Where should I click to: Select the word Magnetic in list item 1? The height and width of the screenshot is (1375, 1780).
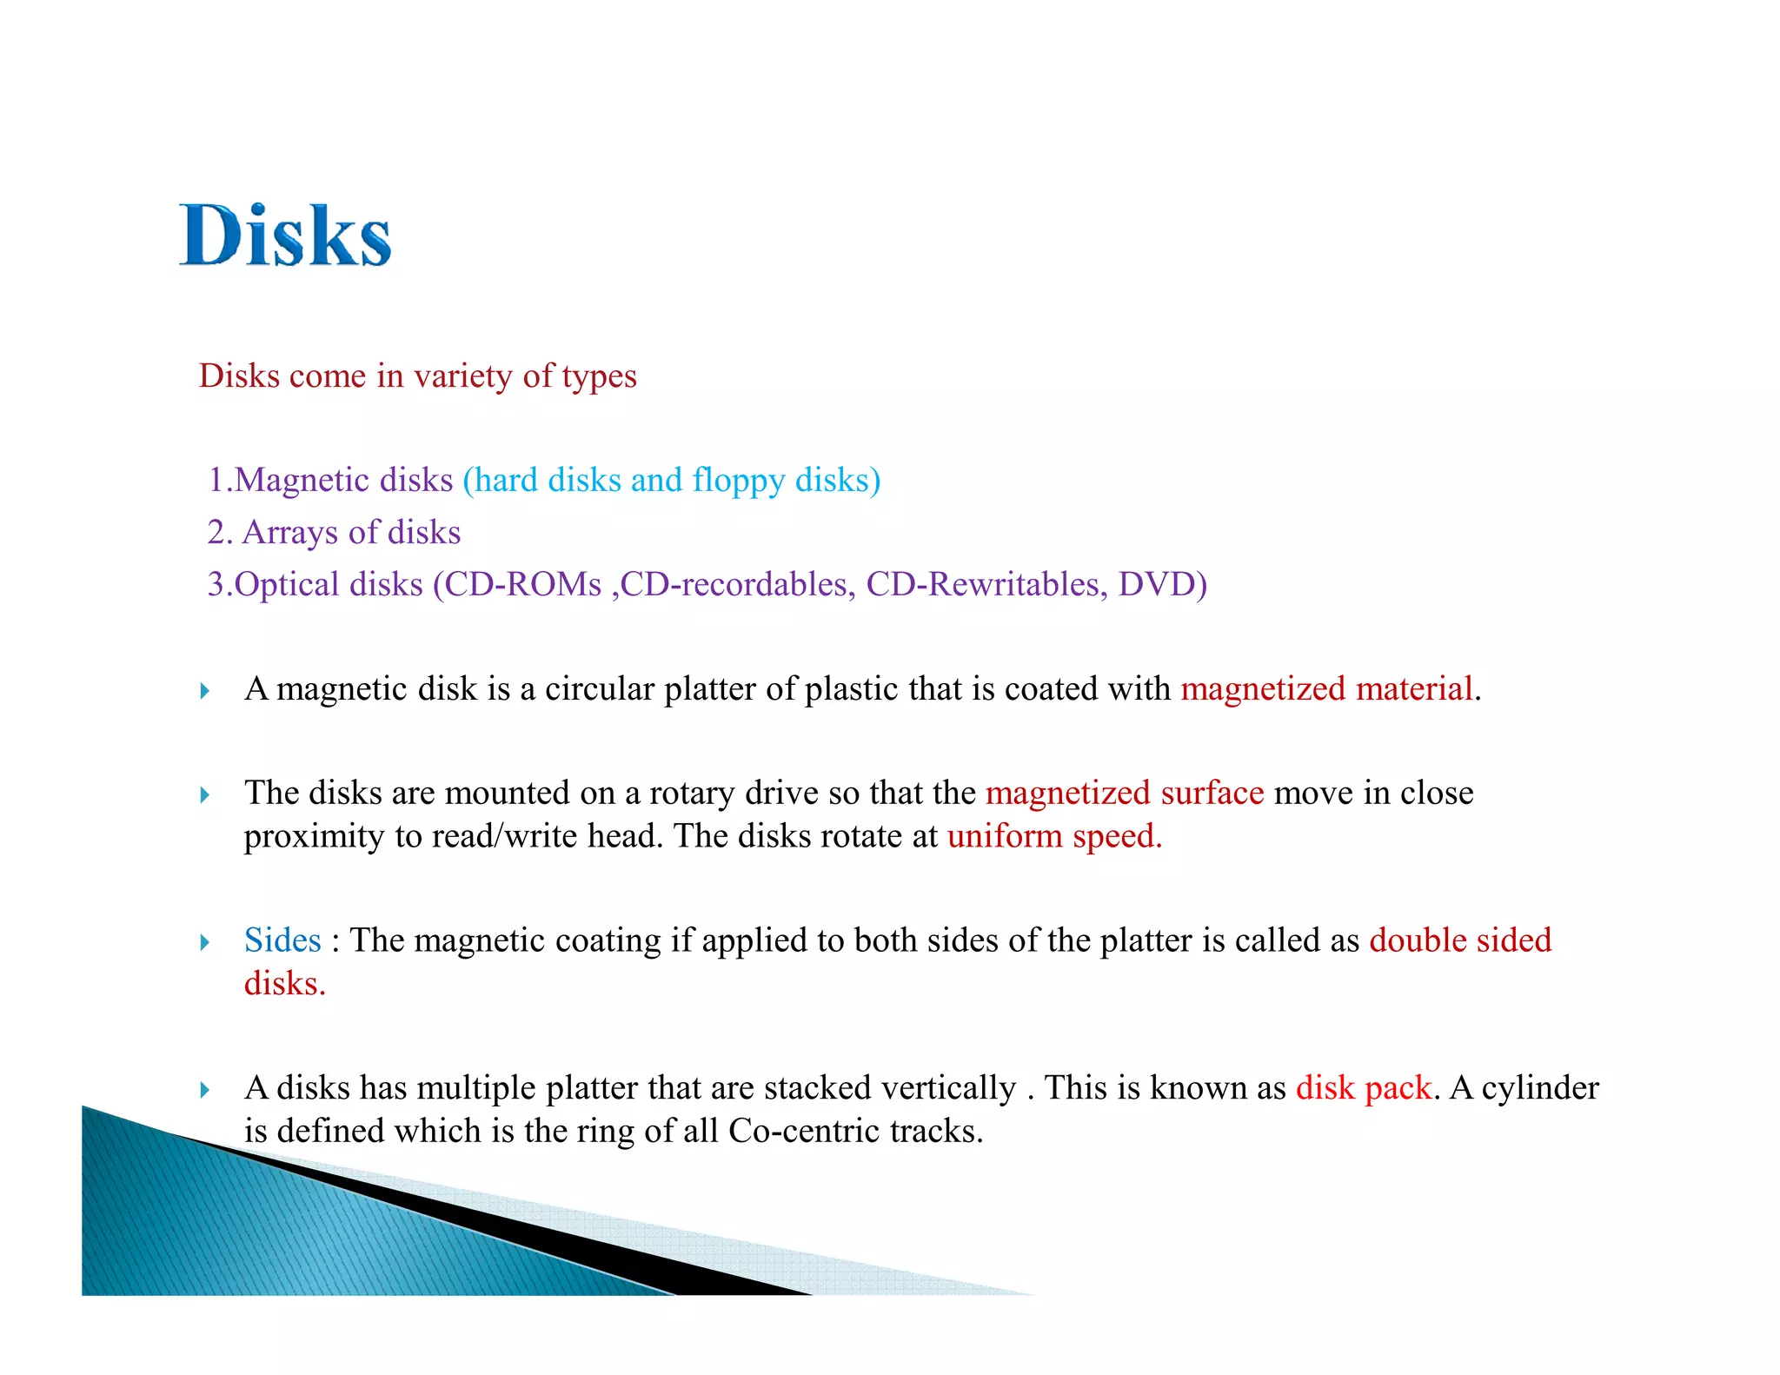tap(343, 481)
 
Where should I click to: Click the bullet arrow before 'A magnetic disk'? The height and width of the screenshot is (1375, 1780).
tap(205, 691)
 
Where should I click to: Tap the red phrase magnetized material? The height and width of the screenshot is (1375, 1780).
tap(1326, 689)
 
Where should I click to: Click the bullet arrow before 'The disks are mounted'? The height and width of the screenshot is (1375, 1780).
tap(205, 795)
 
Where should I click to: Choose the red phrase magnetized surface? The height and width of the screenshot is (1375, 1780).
tap(1124, 794)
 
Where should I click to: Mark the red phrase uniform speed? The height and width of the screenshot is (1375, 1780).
tap(1053, 836)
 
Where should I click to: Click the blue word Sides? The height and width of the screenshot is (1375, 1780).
tap(282, 940)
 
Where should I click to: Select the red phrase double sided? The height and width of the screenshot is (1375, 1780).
tap(1460, 940)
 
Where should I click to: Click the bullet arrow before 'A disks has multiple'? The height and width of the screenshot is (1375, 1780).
tap(205, 1090)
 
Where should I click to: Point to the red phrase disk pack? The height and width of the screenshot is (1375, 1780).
tap(1363, 1088)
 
